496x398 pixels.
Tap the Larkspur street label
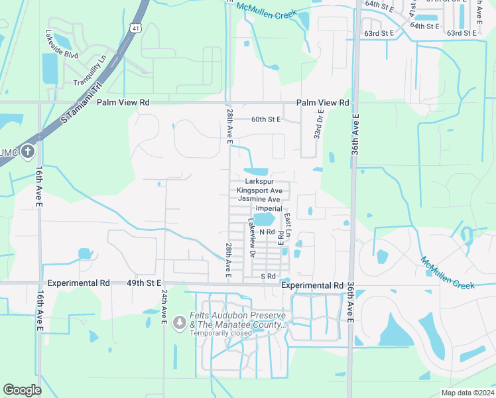[x=259, y=181]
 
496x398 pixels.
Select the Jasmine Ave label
[x=259, y=199]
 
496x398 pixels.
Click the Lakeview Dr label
[x=251, y=238]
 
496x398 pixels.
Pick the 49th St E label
[x=145, y=283]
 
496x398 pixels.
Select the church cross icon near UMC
[x=27, y=152]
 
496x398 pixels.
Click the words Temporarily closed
[x=221, y=333]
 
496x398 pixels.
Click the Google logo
[x=23, y=390]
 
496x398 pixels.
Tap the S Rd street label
[x=268, y=276]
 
